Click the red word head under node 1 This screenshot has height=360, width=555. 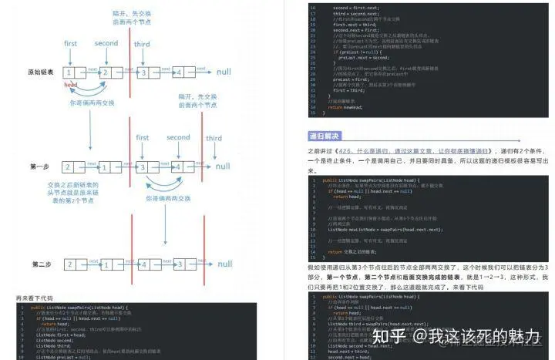[x=70, y=83]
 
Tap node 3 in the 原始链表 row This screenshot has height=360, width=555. [x=143, y=72]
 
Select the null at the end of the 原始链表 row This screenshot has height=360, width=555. [x=224, y=72]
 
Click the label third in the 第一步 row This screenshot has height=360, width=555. [x=214, y=138]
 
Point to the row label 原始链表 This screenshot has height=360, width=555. [x=40, y=72]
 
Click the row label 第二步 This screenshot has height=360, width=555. [x=42, y=264]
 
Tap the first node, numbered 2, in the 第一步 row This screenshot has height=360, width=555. [x=69, y=166]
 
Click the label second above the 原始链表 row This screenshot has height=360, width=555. [x=106, y=43]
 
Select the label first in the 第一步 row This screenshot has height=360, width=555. [x=143, y=138]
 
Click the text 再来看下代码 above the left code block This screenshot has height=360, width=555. [x=35, y=298]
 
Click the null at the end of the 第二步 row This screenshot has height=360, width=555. [x=224, y=264]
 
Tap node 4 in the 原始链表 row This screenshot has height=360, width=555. [x=178, y=72]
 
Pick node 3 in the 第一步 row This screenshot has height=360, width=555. [x=143, y=167]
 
